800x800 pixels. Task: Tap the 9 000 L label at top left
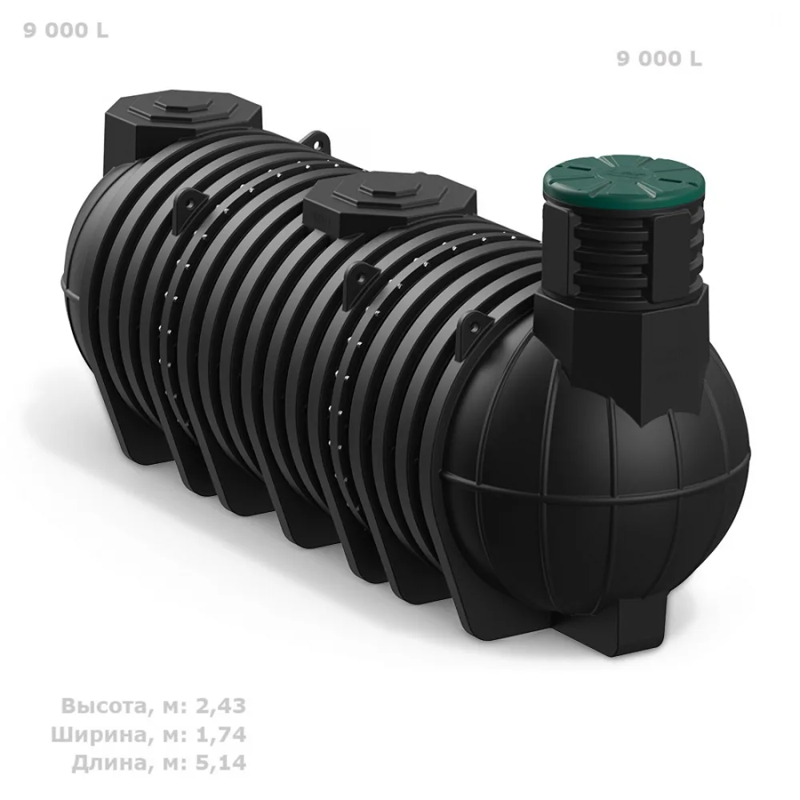[66, 30]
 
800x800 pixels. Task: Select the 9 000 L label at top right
[659, 59]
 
